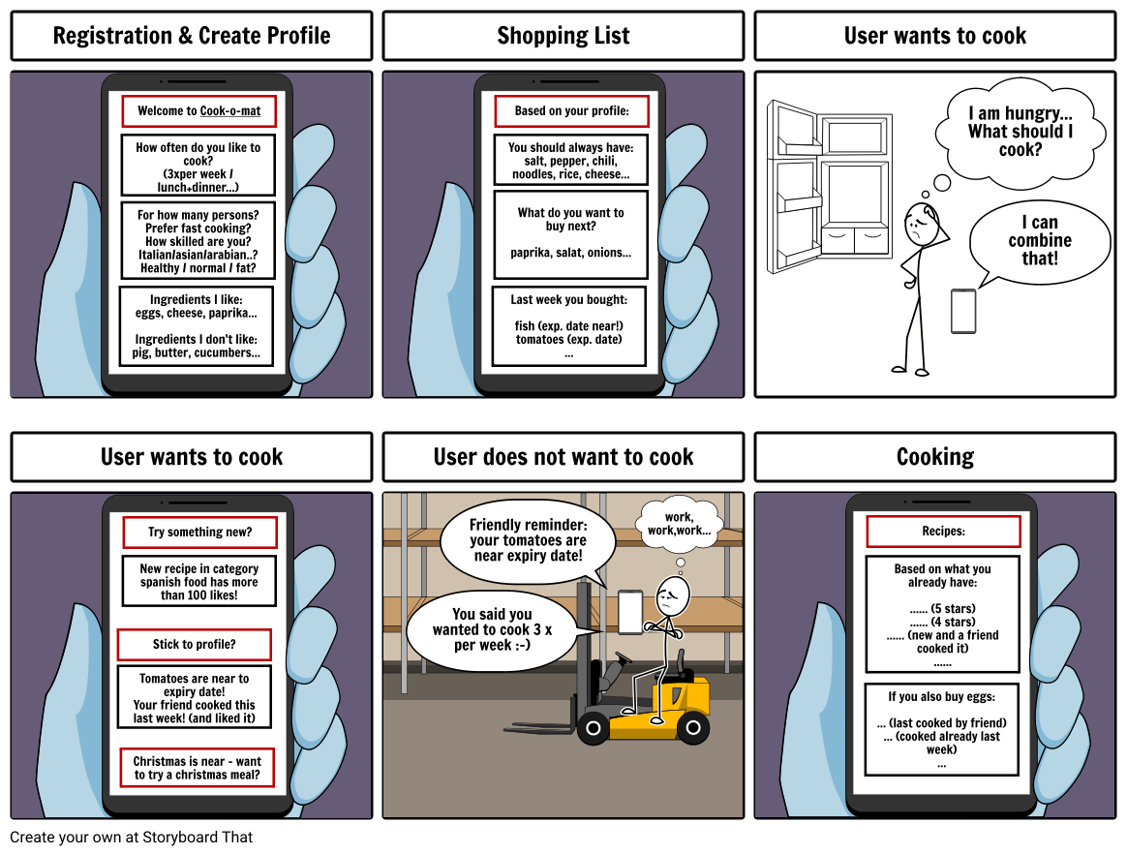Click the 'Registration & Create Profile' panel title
point(191,37)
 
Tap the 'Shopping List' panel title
point(563,37)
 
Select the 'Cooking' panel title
point(934,457)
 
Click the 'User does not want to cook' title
point(563,457)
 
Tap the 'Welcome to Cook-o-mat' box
point(198,111)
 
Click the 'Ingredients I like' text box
point(197,326)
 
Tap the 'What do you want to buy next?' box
point(570,233)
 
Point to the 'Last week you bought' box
point(569,326)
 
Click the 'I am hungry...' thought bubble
point(1020,133)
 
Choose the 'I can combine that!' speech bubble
point(1040,241)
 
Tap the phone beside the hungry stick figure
point(963,311)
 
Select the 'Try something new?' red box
point(199,533)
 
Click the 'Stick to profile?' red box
point(194,645)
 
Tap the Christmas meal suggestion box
point(198,769)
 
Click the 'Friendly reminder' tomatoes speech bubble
point(528,541)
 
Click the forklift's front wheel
point(592,726)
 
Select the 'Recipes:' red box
point(943,532)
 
